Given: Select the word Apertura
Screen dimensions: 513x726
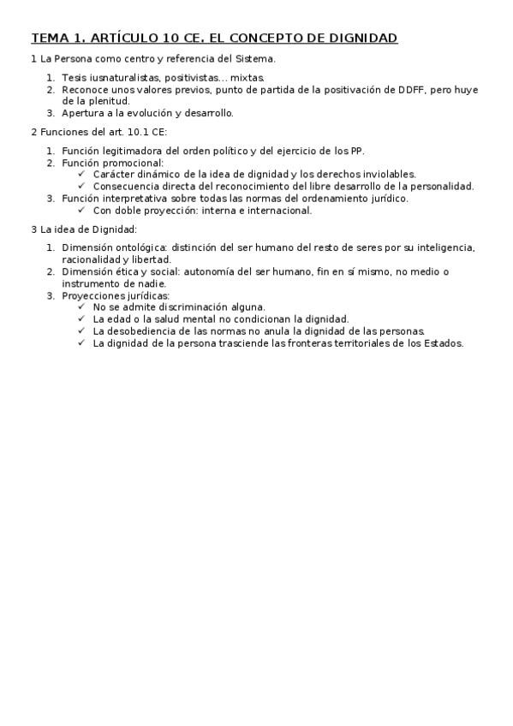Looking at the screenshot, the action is pos(82,112).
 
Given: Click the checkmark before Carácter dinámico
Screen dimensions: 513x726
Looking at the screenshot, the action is pos(81,174).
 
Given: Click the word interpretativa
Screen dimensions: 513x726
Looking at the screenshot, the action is pos(136,198).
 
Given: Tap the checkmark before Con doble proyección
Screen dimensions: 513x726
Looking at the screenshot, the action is pos(81,210).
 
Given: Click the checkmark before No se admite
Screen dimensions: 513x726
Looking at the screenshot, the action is pos(81,306).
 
